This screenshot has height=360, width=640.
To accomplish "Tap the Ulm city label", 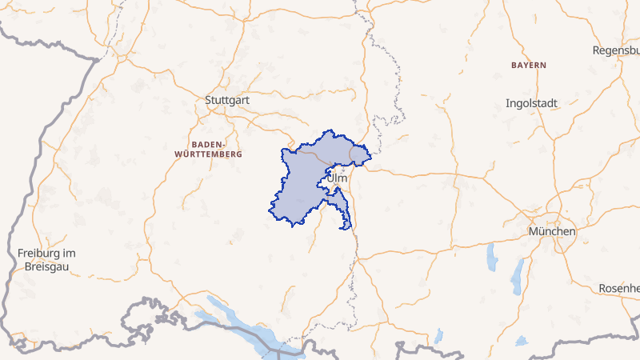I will [338, 178].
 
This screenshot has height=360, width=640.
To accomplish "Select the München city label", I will [551, 231].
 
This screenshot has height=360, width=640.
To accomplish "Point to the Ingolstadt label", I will [531, 103].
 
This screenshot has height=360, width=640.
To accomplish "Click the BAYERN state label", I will [528, 64].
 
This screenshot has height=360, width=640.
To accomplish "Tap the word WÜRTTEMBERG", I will [206, 153].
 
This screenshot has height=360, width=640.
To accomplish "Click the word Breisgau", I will [47, 266].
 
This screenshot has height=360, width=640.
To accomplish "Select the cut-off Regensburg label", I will [616, 50].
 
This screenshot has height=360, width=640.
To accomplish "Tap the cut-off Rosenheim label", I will [619, 288].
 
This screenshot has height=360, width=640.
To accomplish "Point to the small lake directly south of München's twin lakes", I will [522, 341].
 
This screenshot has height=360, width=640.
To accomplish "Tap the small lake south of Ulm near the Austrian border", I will [439, 334].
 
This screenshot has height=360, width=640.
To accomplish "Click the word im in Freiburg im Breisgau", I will [70, 254].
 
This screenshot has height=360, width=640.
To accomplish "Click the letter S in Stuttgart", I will [208, 101].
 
